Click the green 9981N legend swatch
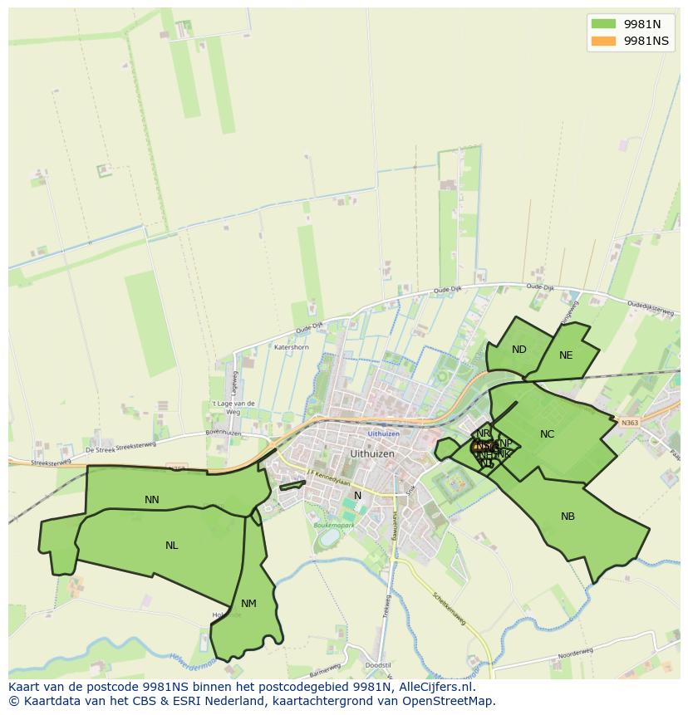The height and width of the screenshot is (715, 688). click(x=603, y=24)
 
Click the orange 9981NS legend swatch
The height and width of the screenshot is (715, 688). click(x=603, y=41)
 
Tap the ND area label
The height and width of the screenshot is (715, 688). click(x=519, y=350)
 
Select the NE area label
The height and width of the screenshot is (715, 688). click(x=566, y=355)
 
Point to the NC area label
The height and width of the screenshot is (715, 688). click(x=547, y=434)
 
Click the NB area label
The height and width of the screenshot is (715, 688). click(x=568, y=517)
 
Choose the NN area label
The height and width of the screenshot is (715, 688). click(x=152, y=500)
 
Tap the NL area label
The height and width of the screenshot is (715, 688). click(x=171, y=546)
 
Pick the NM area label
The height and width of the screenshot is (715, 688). click(x=248, y=604)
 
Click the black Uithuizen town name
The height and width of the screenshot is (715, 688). click(x=372, y=454)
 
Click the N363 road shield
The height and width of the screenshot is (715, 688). click(x=630, y=423)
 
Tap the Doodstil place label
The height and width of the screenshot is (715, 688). click(x=377, y=666)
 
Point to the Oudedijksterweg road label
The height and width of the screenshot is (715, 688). click(x=649, y=307)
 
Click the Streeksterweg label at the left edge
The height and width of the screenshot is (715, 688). click(x=48, y=463)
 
